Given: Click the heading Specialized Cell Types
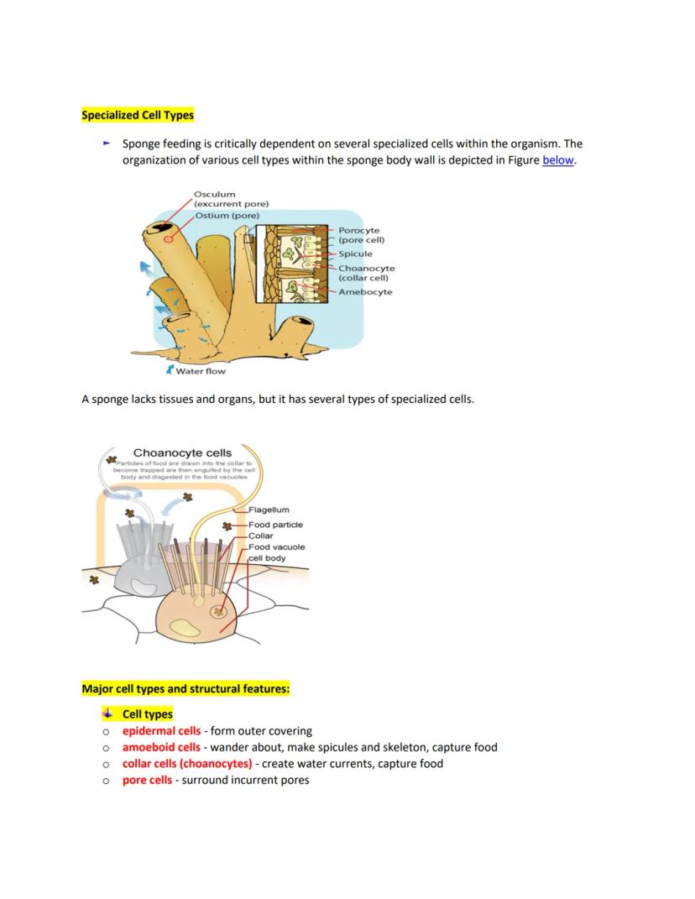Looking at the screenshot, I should (138, 115).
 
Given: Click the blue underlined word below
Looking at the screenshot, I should (558, 160).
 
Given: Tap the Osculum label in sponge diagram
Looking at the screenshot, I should (215, 194).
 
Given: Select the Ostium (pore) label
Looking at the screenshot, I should (227, 216).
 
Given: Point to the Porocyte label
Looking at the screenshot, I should (358, 230).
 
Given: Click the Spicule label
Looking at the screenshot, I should (355, 253).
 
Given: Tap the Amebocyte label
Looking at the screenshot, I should (365, 292).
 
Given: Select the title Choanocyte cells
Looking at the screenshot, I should (182, 452).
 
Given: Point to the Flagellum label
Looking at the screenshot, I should (269, 510).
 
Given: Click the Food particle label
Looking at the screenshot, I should (275, 525).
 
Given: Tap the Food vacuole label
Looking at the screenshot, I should (276, 547).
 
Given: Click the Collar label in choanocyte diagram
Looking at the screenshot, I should (261, 536).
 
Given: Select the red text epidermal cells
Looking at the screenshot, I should (161, 731).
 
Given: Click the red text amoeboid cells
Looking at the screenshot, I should (161, 747).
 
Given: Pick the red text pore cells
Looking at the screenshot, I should (147, 780).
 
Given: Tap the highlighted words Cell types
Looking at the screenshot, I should (148, 714).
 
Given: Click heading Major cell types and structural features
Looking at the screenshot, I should (186, 689).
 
